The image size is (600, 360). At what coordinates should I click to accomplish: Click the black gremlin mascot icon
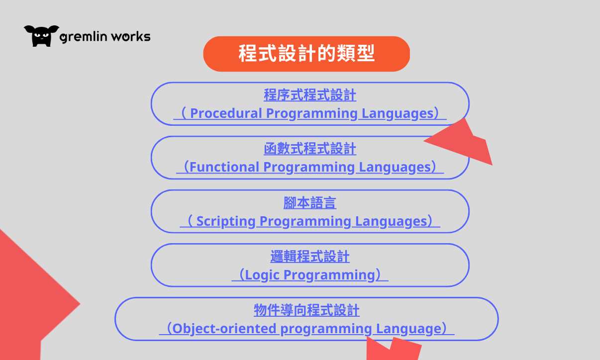tap(41, 36)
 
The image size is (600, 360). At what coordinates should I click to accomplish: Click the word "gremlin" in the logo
tap(84, 37)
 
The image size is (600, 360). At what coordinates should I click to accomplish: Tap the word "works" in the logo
tap(131, 36)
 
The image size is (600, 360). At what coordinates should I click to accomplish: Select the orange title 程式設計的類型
tap(306, 54)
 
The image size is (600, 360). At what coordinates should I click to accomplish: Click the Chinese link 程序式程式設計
tap(310, 95)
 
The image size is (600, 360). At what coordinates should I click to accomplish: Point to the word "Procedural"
tap(226, 113)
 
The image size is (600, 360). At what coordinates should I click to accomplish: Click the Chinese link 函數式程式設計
tap(310, 149)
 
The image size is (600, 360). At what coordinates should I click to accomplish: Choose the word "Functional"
tap(224, 167)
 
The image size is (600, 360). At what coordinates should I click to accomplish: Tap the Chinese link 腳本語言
tap(310, 202)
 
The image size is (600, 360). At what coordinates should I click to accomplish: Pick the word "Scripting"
tap(226, 221)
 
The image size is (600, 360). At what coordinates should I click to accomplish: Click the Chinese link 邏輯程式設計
tap(310, 257)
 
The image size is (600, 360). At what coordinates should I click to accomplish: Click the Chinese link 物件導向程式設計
tap(306, 310)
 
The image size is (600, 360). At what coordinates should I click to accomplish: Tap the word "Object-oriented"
tap(224, 329)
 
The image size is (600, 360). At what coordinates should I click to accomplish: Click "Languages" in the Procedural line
tap(398, 113)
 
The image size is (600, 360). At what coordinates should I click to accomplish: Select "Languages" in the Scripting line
tap(391, 221)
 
